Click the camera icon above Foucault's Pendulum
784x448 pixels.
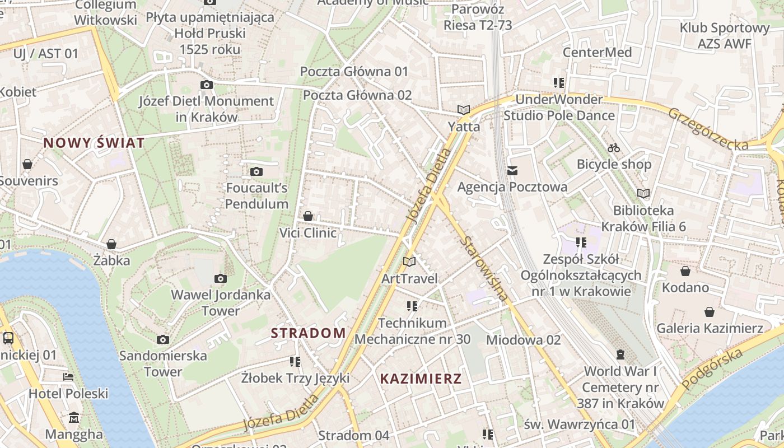(256, 171)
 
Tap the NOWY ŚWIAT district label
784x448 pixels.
(94, 143)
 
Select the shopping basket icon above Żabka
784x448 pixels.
(111, 244)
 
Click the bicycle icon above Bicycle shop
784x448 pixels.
(614, 148)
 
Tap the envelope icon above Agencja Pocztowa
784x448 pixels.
(512, 171)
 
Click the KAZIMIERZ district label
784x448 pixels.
(421, 379)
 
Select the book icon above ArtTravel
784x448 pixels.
(409, 262)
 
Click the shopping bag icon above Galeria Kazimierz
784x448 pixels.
(710, 312)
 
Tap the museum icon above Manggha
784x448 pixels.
(74, 418)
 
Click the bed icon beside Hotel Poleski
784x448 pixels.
(68, 377)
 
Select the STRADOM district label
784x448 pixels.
(309, 333)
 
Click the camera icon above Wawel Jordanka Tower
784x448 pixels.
(221, 278)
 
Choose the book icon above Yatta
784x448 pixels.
(464, 110)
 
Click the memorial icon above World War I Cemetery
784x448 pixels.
(620, 354)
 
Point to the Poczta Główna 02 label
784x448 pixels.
(357, 95)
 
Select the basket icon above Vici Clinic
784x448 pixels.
(308, 216)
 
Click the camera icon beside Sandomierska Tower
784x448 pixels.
(163, 339)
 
